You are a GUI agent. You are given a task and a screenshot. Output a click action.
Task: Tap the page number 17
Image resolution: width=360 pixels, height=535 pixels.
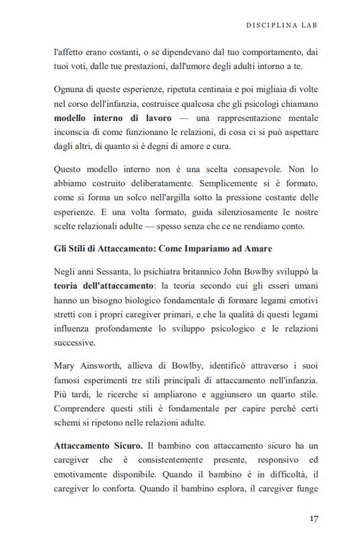pyautogui.click(x=314, y=518)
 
